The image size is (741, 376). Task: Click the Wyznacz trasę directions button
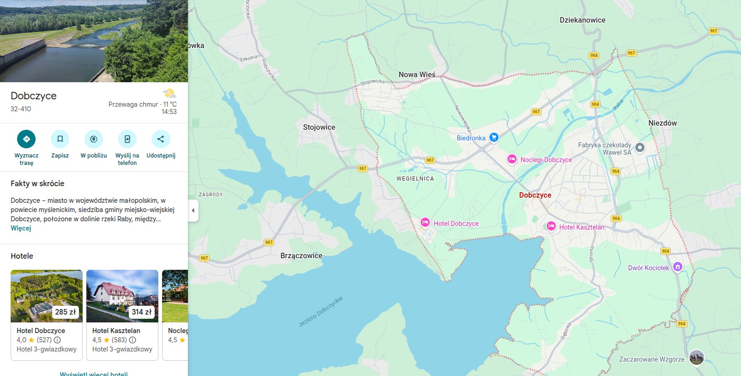pos(26,139)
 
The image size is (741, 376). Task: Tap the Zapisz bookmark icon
pos(60,139)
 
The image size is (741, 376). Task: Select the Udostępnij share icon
pos(161,139)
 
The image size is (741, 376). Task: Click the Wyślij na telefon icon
pos(127,139)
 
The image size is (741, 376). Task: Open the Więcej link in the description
pos(21,228)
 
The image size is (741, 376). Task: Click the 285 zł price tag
pos(65,312)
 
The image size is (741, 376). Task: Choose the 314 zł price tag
pos(141,312)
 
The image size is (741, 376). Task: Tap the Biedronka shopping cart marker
pos(494,137)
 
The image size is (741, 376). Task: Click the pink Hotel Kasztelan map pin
pos(551,226)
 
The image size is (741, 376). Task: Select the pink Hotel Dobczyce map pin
pos(425,223)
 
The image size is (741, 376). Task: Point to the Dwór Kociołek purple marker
pos(677,267)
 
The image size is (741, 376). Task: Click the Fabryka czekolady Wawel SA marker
pos(640,148)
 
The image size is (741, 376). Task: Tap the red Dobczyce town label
pos(535,195)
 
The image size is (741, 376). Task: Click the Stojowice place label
pos(319,127)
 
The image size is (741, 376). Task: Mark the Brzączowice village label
pos(301,256)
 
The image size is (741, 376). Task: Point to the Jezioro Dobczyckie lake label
pos(321,312)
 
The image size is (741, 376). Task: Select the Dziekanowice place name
pos(582,20)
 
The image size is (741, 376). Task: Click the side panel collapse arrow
pos(193,211)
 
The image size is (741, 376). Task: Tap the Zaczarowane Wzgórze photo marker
pos(696,358)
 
